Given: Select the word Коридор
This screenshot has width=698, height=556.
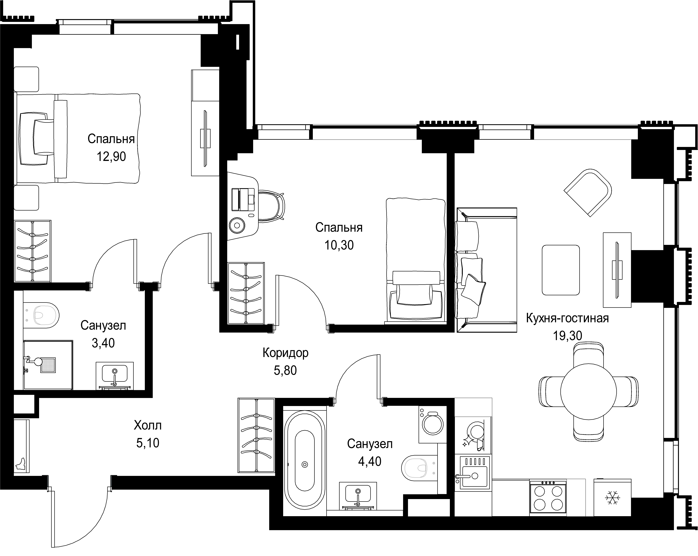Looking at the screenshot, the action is pos(285,353).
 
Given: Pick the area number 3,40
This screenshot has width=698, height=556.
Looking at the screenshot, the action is pos(103,343).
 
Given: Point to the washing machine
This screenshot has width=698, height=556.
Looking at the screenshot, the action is pos(433,424).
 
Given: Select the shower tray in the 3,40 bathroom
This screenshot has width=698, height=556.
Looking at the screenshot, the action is pos(48,365).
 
